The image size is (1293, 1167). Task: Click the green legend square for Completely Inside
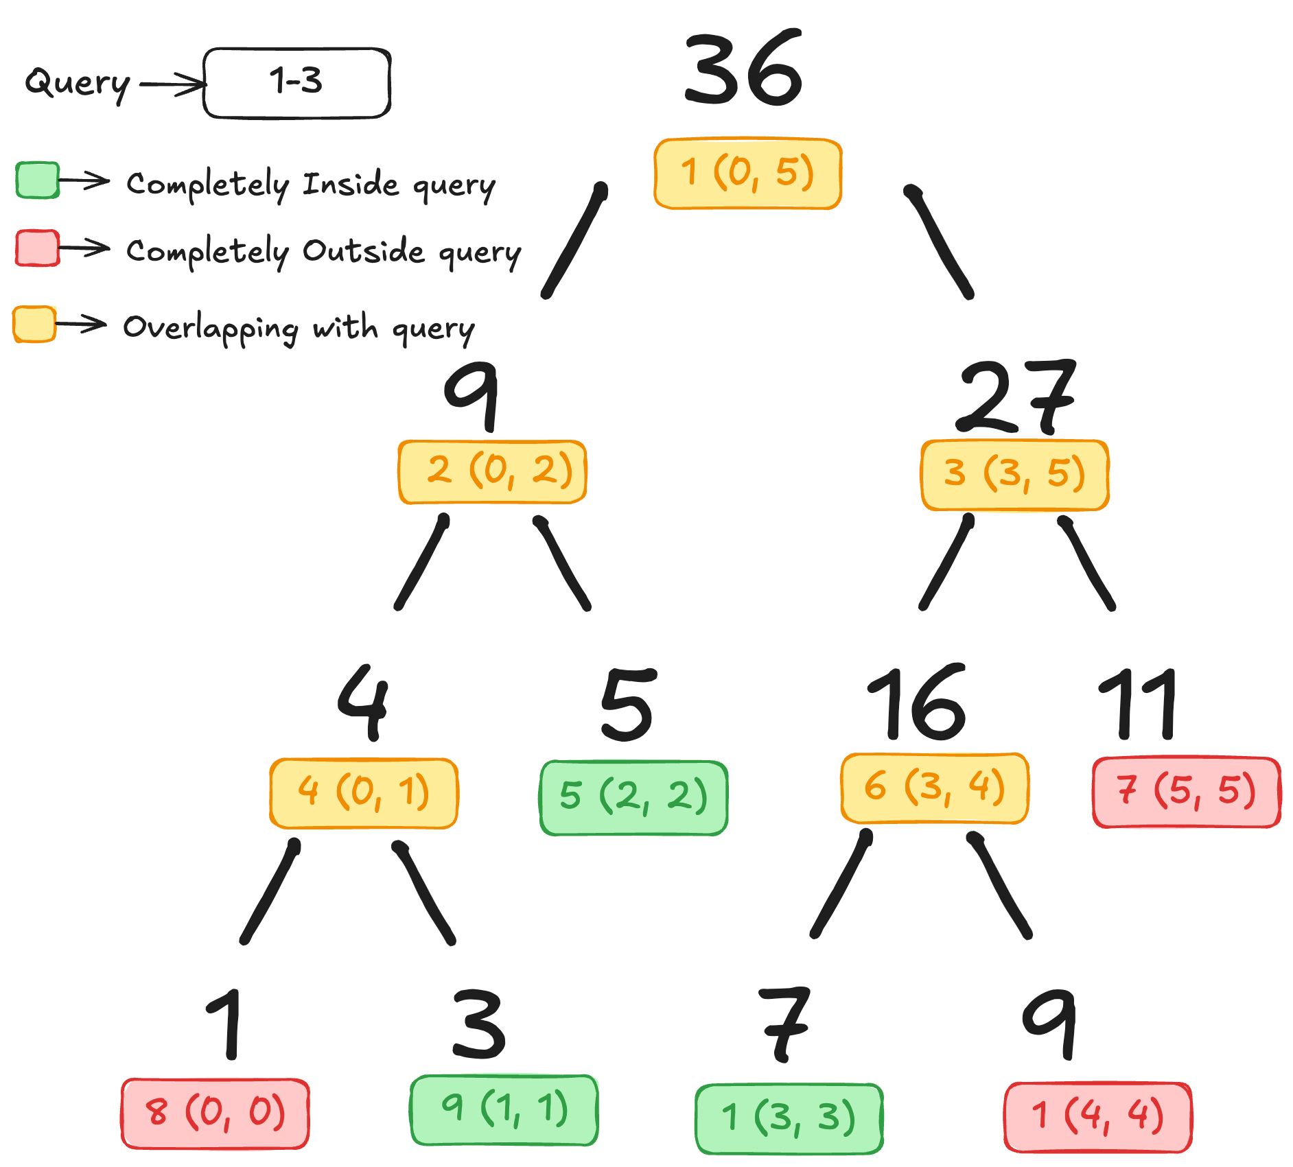point(38,180)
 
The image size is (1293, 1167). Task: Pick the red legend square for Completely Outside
point(38,248)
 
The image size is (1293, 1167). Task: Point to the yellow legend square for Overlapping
point(34,324)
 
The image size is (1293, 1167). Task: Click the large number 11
point(1138,704)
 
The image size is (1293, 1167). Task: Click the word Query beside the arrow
point(78,84)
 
